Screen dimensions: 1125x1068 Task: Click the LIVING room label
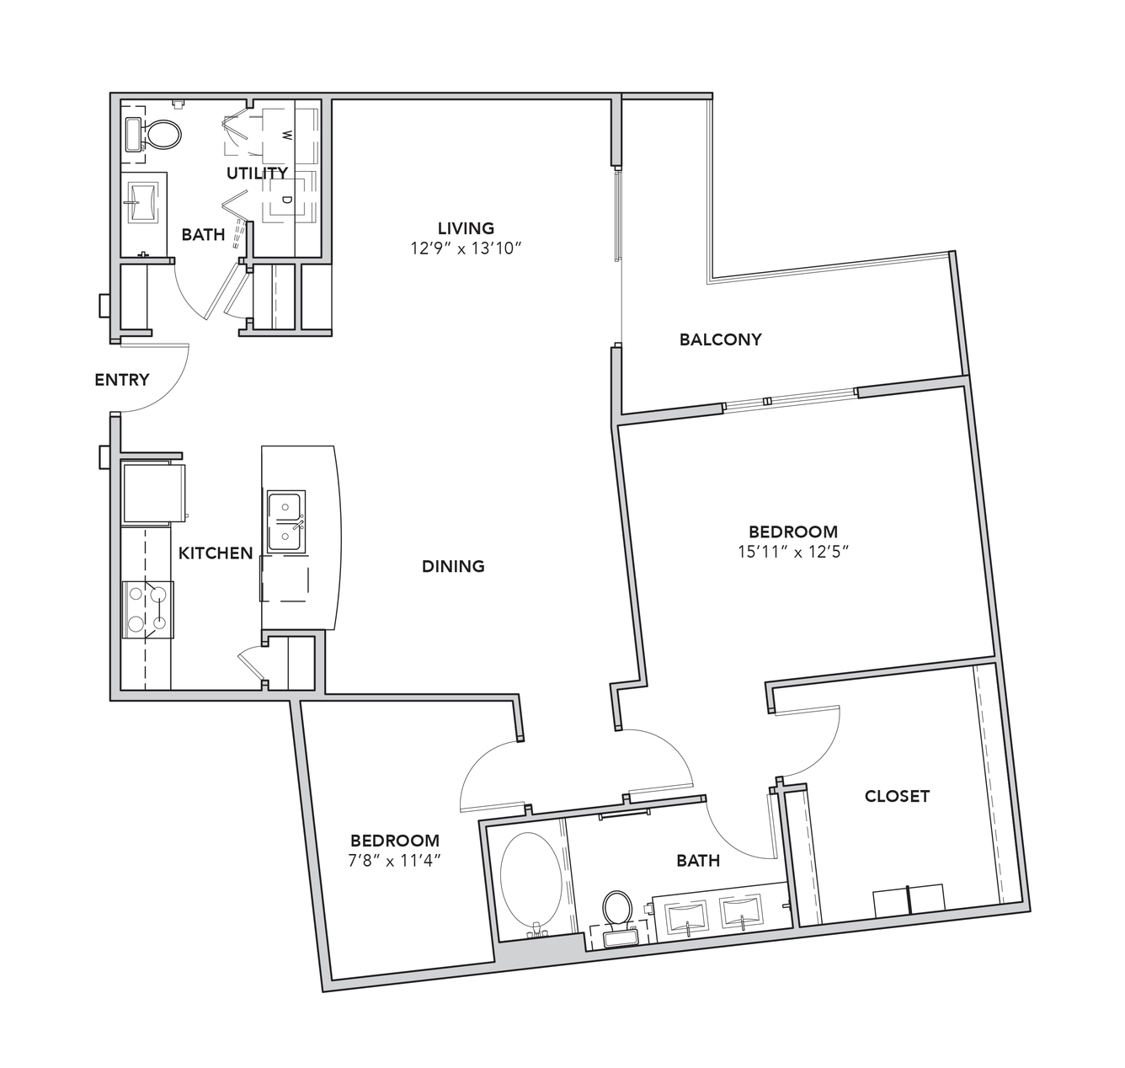point(466,228)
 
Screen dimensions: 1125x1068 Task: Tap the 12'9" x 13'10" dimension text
point(466,248)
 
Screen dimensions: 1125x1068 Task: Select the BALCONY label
point(721,339)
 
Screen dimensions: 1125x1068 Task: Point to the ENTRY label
point(122,380)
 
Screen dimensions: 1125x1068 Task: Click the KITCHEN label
point(216,553)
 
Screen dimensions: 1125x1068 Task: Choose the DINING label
point(453,566)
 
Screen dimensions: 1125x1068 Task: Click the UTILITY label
point(257,173)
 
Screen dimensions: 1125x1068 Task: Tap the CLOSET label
point(897,796)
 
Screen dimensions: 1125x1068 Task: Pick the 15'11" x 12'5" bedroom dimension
point(793,552)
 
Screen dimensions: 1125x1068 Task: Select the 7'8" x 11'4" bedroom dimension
point(395,860)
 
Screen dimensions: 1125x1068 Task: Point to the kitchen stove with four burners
point(147,610)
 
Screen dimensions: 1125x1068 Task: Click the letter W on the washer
point(286,136)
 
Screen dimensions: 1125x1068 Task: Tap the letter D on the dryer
point(286,200)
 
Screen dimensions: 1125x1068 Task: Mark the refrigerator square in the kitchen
point(154,493)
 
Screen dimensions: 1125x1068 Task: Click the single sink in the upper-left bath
point(141,202)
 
